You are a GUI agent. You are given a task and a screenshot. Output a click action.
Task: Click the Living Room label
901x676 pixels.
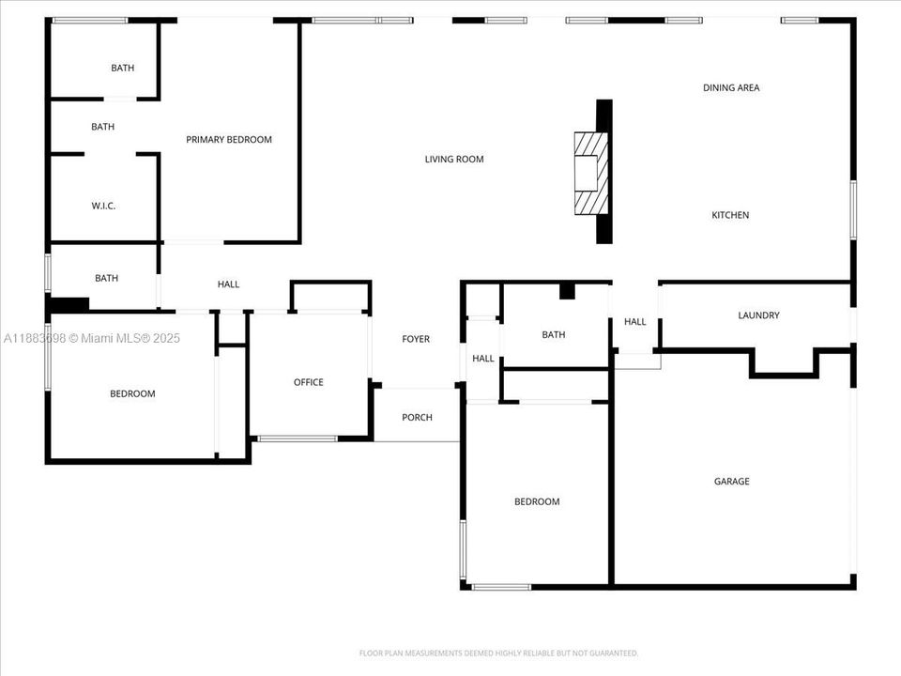(454, 160)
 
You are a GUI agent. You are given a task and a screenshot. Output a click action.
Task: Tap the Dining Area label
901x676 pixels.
(731, 88)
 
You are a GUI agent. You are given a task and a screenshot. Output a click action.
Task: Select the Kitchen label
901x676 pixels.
(730, 216)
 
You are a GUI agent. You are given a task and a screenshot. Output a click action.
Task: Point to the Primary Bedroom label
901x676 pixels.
(229, 140)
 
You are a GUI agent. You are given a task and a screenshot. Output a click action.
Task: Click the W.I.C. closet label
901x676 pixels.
(103, 207)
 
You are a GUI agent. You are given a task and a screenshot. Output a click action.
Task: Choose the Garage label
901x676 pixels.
(732, 482)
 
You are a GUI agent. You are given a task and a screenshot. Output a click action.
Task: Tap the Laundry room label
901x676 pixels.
(758, 315)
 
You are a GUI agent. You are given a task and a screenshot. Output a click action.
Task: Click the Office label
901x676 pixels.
(309, 382)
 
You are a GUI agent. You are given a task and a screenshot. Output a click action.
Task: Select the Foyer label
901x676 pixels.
(416, 339)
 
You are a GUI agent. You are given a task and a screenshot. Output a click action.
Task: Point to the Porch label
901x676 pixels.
(417, 418)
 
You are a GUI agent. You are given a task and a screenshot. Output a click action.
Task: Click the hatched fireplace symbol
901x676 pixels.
(592, 173)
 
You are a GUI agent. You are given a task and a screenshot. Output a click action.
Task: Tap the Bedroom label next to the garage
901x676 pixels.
(537, 502)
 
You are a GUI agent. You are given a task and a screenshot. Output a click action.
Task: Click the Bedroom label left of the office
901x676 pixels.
(132, 394)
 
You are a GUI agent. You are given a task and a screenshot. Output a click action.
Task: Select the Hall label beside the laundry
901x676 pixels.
(635, 322)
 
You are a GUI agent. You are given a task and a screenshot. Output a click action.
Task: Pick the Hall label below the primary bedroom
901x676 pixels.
(228, 284)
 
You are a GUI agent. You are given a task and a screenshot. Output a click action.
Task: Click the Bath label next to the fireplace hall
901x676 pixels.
(554, 335)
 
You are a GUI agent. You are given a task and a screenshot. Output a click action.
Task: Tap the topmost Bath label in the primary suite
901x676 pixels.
(122, 69)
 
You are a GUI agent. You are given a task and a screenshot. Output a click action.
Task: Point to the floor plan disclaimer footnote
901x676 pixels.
(499, 653)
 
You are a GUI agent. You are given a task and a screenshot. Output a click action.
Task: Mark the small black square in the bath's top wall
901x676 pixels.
(567, 291)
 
